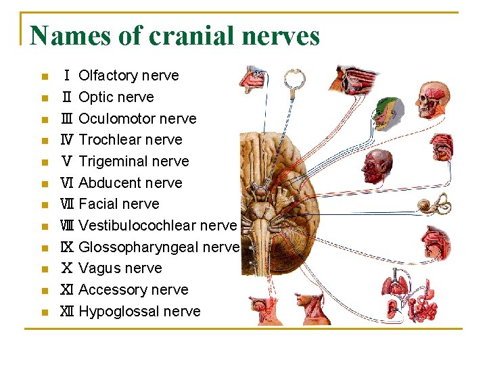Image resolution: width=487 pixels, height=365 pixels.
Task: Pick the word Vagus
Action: click(99, 268)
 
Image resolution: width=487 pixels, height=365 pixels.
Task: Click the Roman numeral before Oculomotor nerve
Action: click(67, 119)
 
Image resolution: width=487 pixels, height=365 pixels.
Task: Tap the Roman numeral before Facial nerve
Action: click(67, 204)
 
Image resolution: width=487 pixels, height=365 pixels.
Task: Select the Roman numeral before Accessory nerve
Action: click(67, 290)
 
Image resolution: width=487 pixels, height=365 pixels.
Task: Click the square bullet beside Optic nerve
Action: click(44, 97)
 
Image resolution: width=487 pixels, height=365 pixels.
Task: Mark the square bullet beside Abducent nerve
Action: click(44, 183)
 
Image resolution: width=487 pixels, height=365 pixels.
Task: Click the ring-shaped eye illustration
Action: click(294, 80)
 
